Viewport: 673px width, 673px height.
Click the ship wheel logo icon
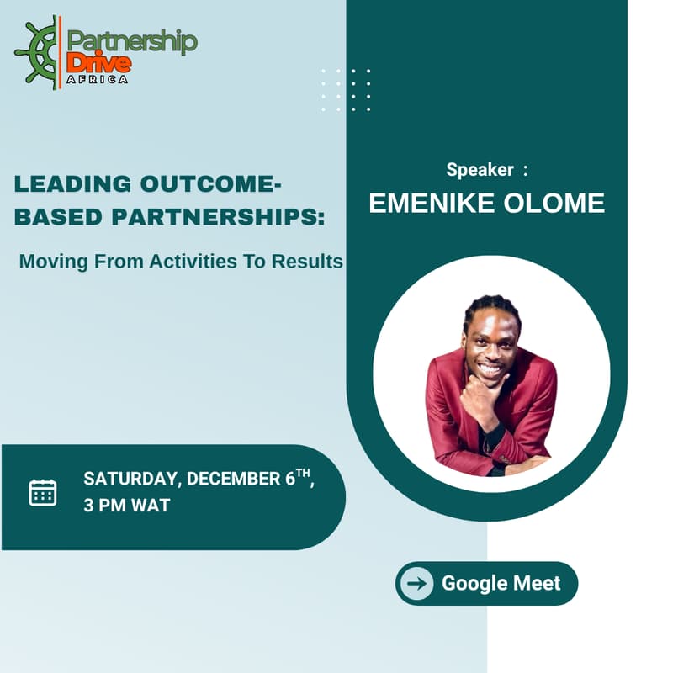38,53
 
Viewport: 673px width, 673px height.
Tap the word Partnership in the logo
132,41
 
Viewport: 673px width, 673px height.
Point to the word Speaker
480,170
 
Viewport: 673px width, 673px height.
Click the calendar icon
43,492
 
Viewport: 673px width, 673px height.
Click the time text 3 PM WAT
126,506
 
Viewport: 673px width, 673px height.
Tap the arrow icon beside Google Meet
416,583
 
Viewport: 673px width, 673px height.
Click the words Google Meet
501,583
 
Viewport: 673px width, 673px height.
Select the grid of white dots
346,91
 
